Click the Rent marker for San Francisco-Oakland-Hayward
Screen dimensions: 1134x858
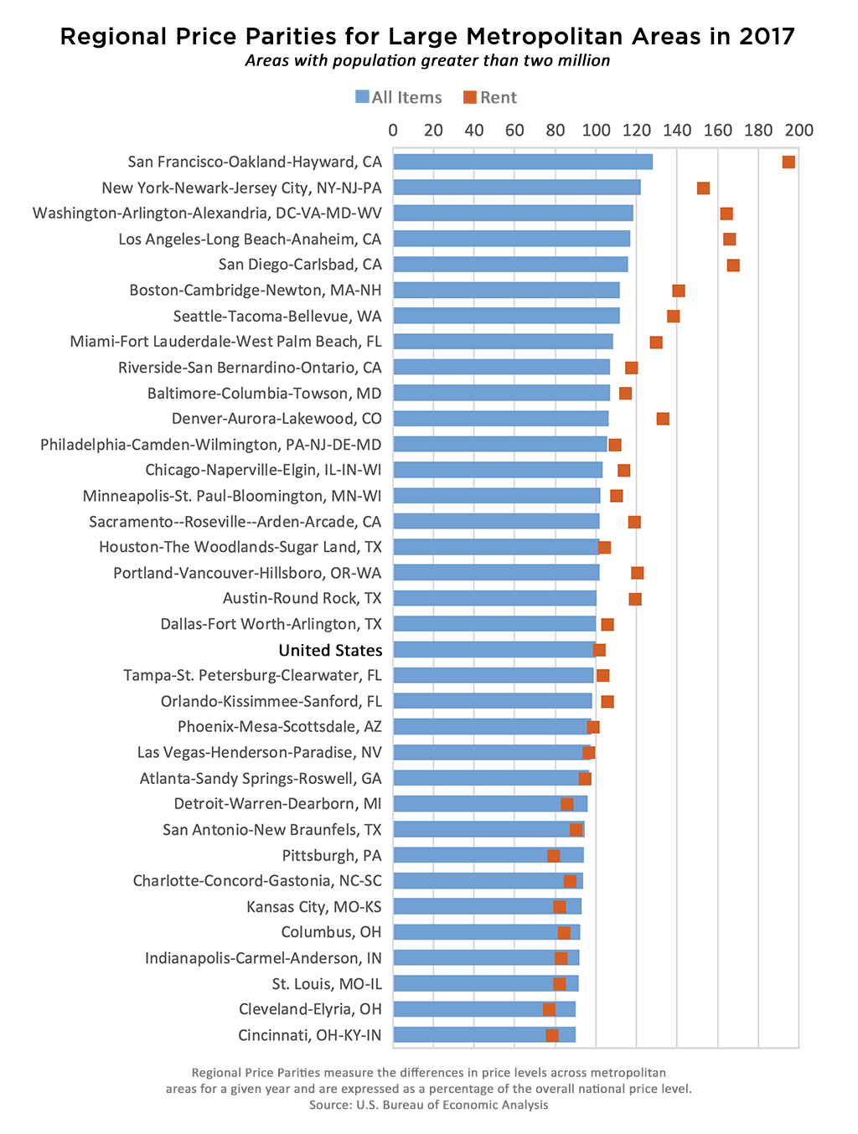788,162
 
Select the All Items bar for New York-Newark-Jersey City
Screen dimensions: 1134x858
516,188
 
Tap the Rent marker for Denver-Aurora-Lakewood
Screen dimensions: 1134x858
663,419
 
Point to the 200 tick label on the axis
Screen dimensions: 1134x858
799,130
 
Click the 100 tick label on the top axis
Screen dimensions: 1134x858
596,130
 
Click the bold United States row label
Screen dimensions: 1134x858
330,650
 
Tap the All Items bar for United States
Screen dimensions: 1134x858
494,650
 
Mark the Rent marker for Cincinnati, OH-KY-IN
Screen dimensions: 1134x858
552,1035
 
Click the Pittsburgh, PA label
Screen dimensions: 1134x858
332,855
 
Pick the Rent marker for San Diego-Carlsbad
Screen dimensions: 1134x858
733,265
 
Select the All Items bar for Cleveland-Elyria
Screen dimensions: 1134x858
484,1009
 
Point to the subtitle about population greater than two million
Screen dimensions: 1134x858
427,61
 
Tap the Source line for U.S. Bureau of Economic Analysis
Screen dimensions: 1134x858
428,1105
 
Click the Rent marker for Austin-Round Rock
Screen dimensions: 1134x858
635,599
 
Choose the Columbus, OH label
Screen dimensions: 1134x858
331,932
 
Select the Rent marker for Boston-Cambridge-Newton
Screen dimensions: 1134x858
679,291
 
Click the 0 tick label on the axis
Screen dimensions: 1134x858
393,130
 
